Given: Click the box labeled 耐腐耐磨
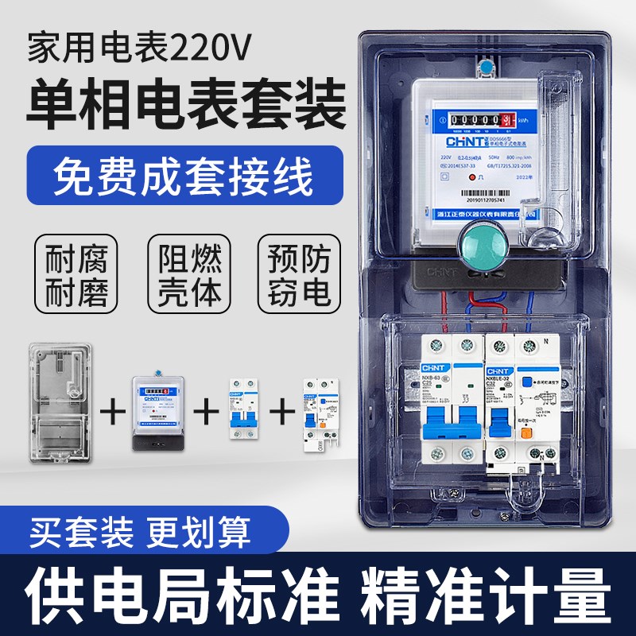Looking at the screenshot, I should [72, 272].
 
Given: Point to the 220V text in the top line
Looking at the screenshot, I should [212, 49].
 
